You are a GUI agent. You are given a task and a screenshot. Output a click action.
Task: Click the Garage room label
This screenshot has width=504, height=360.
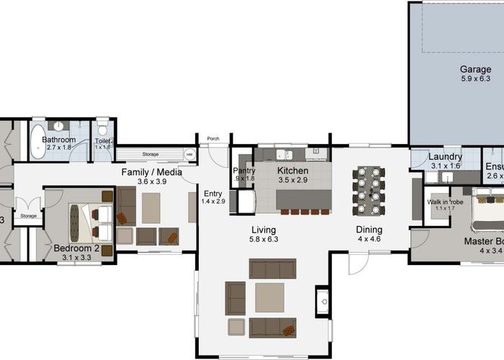click(476, 70)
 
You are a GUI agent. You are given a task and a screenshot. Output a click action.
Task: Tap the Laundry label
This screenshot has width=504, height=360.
click(445, 157)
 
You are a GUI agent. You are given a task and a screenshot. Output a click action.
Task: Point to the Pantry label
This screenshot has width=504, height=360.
click(244, 171)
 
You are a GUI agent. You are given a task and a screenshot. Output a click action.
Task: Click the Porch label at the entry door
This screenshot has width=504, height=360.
click(213, 139)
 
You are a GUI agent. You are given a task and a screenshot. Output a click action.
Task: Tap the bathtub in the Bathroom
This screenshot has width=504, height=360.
click(37, 141)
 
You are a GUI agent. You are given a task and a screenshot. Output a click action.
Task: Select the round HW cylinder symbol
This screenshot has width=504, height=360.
click(189, 154)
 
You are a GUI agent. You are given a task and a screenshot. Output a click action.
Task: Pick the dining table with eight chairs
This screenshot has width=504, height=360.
click(369, 192)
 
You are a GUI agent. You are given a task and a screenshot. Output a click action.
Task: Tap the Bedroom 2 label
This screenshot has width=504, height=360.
click(73, 249)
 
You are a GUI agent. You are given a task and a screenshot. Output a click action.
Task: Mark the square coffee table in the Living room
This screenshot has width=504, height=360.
click(269, 297)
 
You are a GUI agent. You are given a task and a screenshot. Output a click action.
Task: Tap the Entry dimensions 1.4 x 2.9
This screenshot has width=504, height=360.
click(214, 202)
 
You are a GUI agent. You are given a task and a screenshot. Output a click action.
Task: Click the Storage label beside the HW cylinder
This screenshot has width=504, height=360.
click(150, 153)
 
